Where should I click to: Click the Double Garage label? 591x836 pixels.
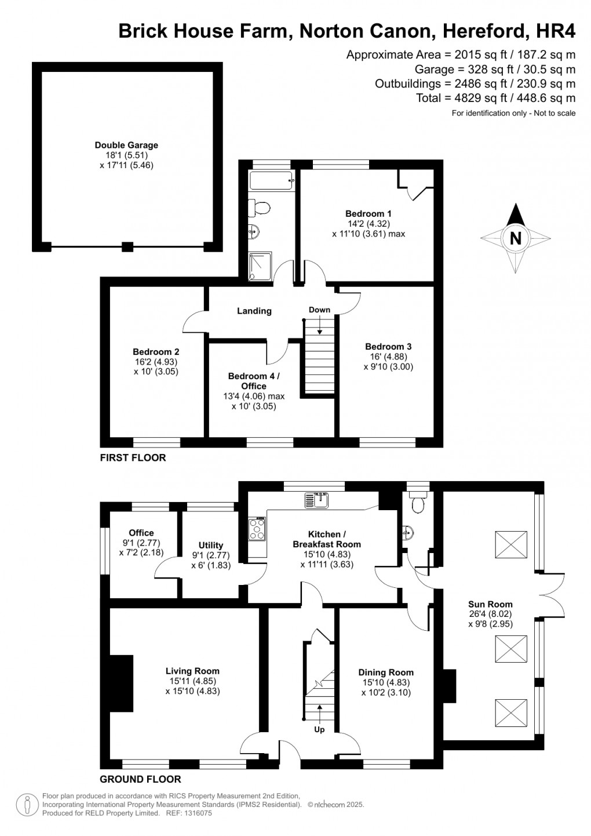pos(126,146)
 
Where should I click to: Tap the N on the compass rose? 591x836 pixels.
pos(515,238)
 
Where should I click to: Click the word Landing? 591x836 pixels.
pos(254,311)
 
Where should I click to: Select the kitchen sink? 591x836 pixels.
pos(318,499)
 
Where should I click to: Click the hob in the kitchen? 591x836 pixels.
pos(257,528)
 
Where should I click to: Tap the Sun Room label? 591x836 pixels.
pos(490,604)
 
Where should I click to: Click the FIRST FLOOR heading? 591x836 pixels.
pos(133,458)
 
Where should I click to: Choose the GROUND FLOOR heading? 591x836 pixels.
pos(140,779)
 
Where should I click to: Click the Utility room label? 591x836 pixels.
pos(210,546)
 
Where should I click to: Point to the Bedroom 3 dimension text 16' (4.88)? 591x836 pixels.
pos(388,357)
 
